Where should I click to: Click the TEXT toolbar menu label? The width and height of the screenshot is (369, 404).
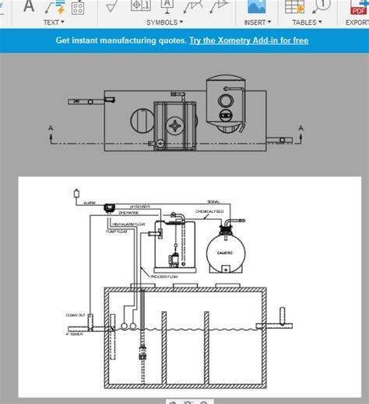coord(51,23)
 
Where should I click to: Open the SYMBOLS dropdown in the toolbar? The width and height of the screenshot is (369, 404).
coord(164,23)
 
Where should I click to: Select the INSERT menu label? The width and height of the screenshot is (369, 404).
coord(255,23)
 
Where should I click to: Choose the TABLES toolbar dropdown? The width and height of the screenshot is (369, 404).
coord(307,23)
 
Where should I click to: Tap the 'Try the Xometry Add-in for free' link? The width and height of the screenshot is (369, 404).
coord(248,40)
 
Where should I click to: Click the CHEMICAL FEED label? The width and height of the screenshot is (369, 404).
coord(209,211)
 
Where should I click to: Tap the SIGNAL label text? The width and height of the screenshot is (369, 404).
coord(213,201)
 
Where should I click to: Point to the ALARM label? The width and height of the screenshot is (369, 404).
coord(90,202)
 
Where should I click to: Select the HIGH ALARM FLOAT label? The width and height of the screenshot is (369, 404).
coord(129,224)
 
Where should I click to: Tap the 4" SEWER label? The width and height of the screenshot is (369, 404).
coord(76,334)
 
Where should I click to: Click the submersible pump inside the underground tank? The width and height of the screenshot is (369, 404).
coord(142,353)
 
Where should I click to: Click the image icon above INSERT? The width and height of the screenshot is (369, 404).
coord(255,7)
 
